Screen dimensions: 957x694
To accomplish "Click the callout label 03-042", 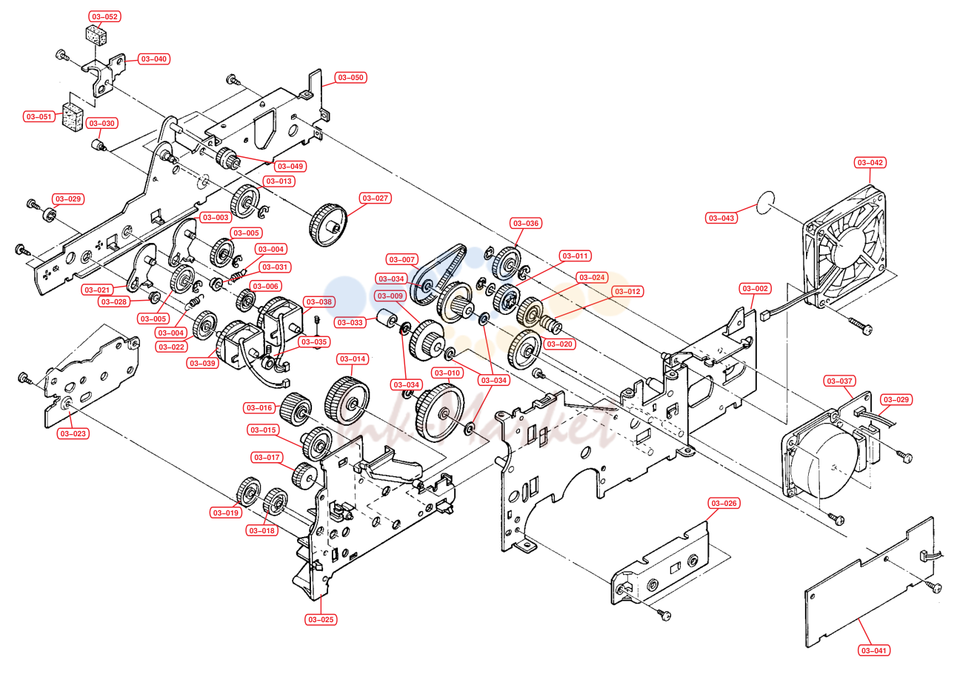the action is [870, 163].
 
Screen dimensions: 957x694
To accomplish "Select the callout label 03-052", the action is [104, 16].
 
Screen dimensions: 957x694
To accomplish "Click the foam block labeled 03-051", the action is [73, 116].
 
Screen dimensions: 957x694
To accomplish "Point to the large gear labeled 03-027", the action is [327, 224].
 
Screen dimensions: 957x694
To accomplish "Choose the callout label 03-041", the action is [874, 650].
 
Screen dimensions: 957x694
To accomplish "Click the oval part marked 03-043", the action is [764, 202].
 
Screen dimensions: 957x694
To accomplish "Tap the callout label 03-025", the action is [321, 619].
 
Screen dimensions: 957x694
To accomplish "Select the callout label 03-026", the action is [724, 503].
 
